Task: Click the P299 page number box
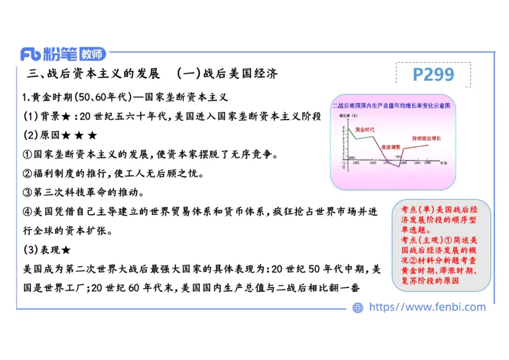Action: pyautogui.click(x=433, y=74)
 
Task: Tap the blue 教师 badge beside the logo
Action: pyautogui.click(x=89, y=54)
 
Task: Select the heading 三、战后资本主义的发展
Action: pyautogui.click(x=94, y=73)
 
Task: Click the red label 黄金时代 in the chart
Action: pyautogui.click(x=365, y=130)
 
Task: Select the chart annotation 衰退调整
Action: pyautogui.click(x=390, y=147)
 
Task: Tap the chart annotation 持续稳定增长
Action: pyautogui.click(x=426, y=138)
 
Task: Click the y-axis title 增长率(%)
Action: pyautogui.click(x=346, y=116)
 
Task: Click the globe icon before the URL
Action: pyautogui.click(x=358, y=307)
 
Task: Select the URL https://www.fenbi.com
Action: pyautogui.click(x=427, y=307)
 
